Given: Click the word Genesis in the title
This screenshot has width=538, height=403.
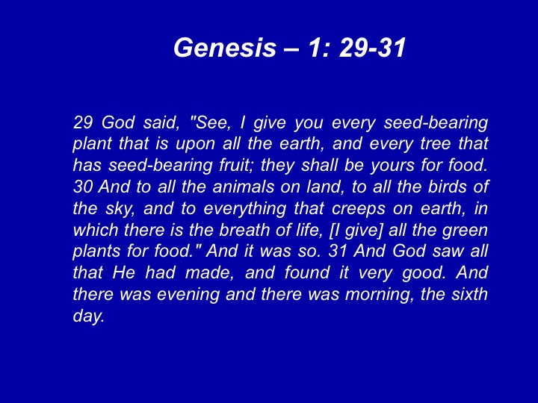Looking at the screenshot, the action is point(225,47).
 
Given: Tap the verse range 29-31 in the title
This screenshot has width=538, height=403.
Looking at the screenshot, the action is point(373,47).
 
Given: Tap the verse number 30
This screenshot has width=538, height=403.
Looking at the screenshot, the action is point(83,187).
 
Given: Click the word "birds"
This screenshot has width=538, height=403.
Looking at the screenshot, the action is point(447,187).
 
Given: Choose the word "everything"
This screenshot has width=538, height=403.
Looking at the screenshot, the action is point(244,209).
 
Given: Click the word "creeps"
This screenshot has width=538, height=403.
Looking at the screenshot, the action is point(359,209).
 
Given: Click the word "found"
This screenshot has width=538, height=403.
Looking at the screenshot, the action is point(307,272).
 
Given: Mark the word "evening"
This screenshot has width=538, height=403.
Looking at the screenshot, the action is point(188,295).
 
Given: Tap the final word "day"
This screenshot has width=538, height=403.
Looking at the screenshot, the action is point(88,316).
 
